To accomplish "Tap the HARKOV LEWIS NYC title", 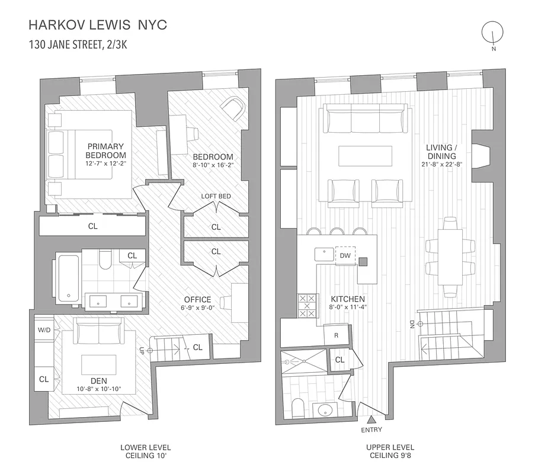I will click(98, 25).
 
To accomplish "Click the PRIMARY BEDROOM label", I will click(105, 150).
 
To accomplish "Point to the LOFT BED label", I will click(216, 197).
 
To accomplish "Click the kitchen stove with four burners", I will click(306, 306).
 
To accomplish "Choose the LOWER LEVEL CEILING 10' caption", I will click(145, 451).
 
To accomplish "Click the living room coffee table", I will click(363, 156).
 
